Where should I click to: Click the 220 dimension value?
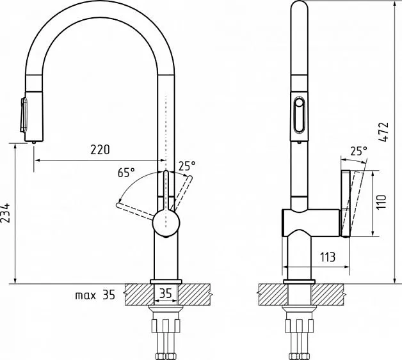coord(100,150)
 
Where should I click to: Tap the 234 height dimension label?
coord(5,213)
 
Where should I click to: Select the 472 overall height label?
coord(384,132)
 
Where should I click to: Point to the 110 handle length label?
coord(382,202)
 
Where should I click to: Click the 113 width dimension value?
coord(328,257)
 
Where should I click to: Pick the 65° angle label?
coord(126,173)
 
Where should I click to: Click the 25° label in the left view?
coord(187,166)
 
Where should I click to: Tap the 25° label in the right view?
coord(358,151)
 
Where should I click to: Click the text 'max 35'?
coord(95,295)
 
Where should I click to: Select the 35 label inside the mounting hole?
coord(165,293)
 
